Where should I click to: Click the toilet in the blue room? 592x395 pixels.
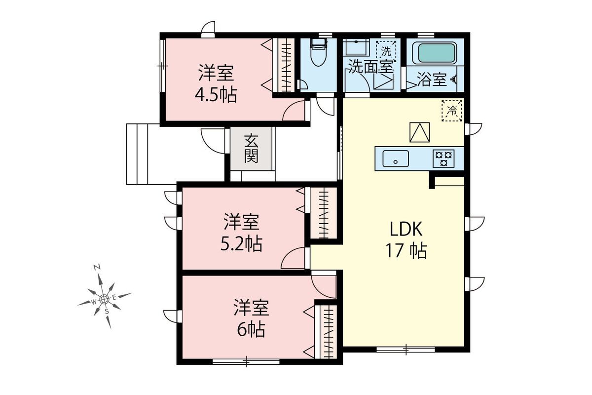[x=319, y=52]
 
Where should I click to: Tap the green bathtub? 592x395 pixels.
[x=436, y=53]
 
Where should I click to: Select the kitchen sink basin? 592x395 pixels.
[x=396, y=158]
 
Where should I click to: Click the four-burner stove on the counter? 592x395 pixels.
[x=444, y=158]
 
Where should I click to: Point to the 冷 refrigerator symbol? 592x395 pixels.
[x=452, y=111]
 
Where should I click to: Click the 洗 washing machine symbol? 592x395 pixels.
[x=386, y=51]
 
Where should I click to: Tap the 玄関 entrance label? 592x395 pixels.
[x=251, y=149]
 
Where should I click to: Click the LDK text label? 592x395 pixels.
[x=406, y=229]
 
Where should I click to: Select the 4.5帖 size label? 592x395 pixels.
[x=216, y=95]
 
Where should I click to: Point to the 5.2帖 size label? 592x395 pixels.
[x=241, y=244]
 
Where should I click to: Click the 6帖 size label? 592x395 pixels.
[x=251, y=330]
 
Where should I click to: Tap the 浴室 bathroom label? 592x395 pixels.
[x=432, y=79]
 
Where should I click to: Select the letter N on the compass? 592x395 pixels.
[x=98, y=268]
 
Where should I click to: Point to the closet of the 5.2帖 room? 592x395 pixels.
[x=324, y=213]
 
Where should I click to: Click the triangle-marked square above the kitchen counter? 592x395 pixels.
[x=419, y=132]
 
